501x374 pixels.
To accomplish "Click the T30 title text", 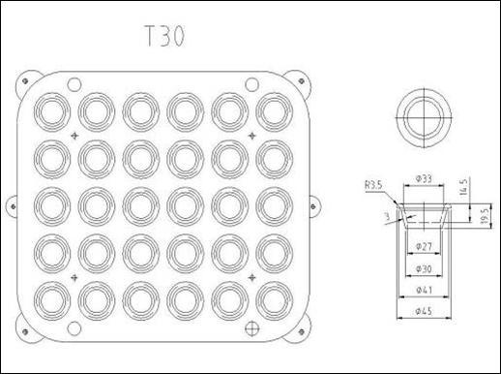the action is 164,36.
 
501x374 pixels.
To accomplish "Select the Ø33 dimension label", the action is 424,178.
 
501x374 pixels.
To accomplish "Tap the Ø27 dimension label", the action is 424,246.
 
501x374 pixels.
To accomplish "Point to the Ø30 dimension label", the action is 424,268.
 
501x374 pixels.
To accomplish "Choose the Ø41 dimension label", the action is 424,290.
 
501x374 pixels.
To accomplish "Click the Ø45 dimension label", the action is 424,311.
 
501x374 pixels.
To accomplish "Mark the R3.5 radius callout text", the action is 373,185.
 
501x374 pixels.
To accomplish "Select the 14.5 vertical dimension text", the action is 463,186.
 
